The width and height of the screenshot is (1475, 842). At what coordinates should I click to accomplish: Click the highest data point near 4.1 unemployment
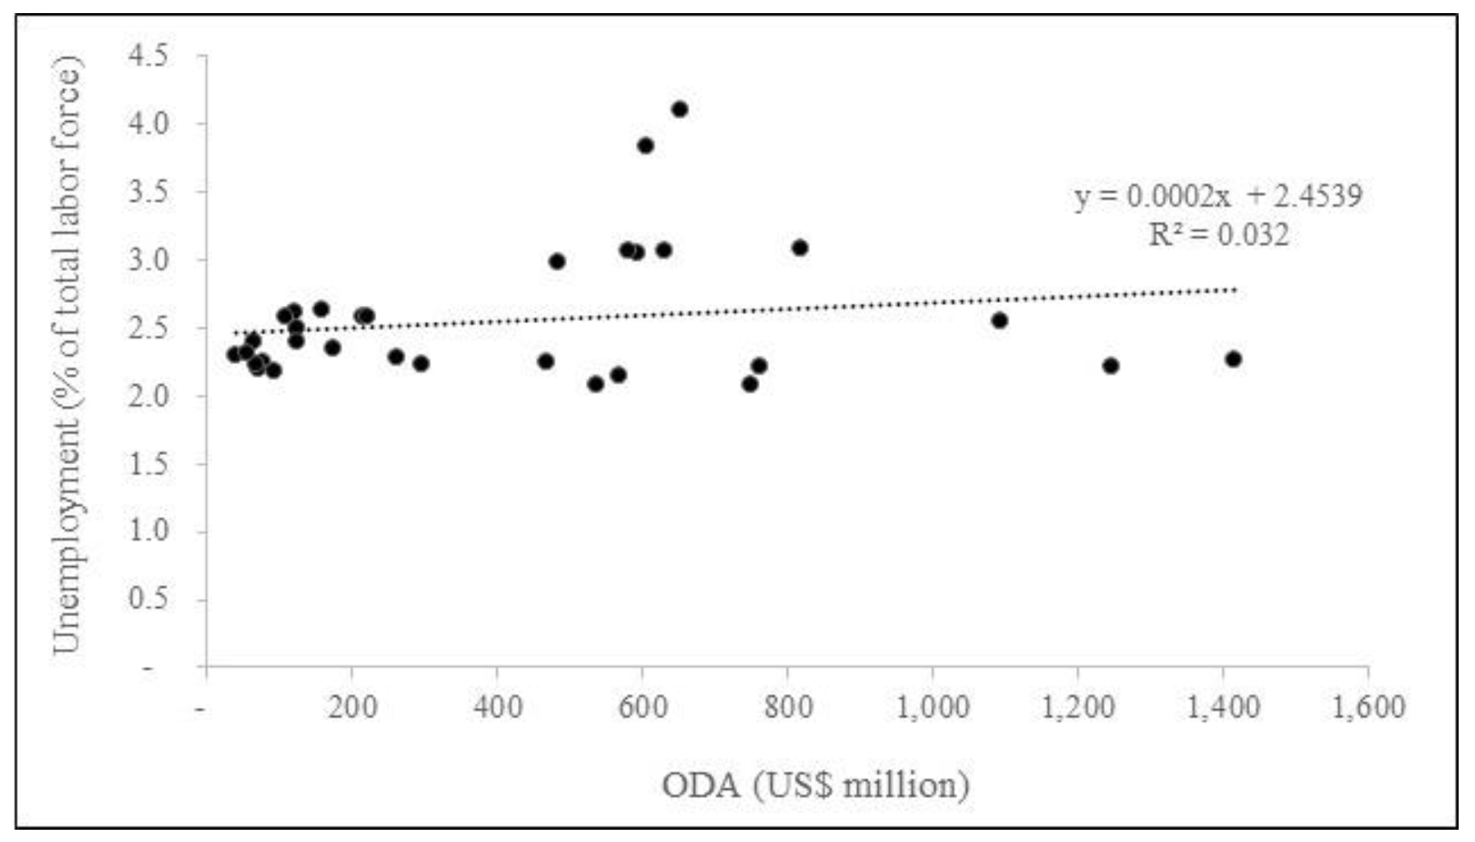(x=679, y=110)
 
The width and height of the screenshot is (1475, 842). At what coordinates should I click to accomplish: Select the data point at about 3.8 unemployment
(x=645, y=146)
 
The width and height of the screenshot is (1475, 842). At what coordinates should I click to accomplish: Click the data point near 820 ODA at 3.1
(x=800, y=248)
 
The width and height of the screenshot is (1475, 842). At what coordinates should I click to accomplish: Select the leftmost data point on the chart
(x=235, y=354)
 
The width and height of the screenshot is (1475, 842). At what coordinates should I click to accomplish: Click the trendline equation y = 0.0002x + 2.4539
(x=1218, y=196)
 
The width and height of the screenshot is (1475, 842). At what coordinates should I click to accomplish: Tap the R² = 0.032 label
(x=1218, y=236)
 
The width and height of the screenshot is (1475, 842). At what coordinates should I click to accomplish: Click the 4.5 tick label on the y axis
(x=148, y=56)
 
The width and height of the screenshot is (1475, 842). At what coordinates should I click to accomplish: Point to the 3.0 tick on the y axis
(x=148, y=260)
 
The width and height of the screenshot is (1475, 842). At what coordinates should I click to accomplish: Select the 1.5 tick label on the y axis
(x=148, y=464)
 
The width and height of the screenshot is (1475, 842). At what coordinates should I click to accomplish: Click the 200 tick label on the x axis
(x=353, y=706)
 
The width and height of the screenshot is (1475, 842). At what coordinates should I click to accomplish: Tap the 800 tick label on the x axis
(x=788, y=706)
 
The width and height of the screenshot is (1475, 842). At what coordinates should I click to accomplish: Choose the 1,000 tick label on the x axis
(x=933, y=706)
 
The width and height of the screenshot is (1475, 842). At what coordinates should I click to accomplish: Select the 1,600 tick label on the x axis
(x=1368, y=706)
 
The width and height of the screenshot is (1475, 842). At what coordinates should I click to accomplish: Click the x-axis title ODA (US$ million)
(x=816, y=786)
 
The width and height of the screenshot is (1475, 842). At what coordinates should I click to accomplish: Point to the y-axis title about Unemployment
(x=67, y=356)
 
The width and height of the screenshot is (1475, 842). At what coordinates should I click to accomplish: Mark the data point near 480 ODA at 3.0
(x=557, y=262)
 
